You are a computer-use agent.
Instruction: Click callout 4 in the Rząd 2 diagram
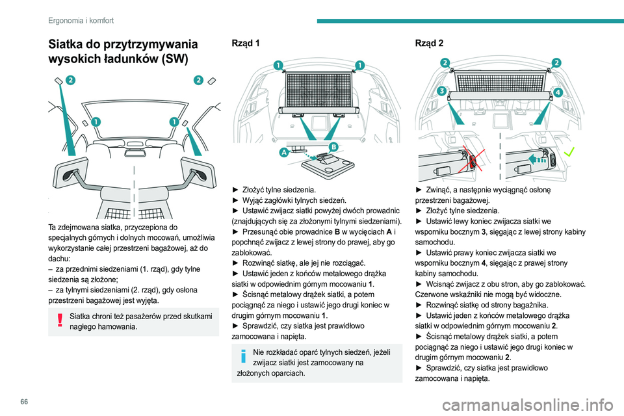coord(558,92)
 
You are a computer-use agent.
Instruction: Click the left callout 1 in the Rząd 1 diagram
coord(277,65)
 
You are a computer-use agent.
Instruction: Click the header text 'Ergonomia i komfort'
coord(81,20)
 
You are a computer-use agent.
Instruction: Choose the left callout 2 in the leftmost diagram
coord(70,81)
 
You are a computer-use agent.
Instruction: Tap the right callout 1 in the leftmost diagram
coord(174,122)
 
